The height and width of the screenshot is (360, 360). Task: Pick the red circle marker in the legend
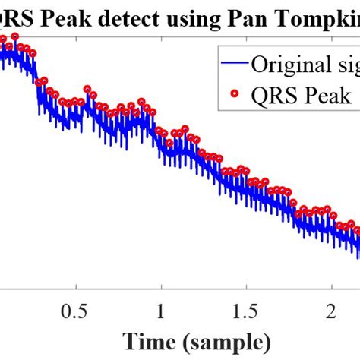coord(232,95)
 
